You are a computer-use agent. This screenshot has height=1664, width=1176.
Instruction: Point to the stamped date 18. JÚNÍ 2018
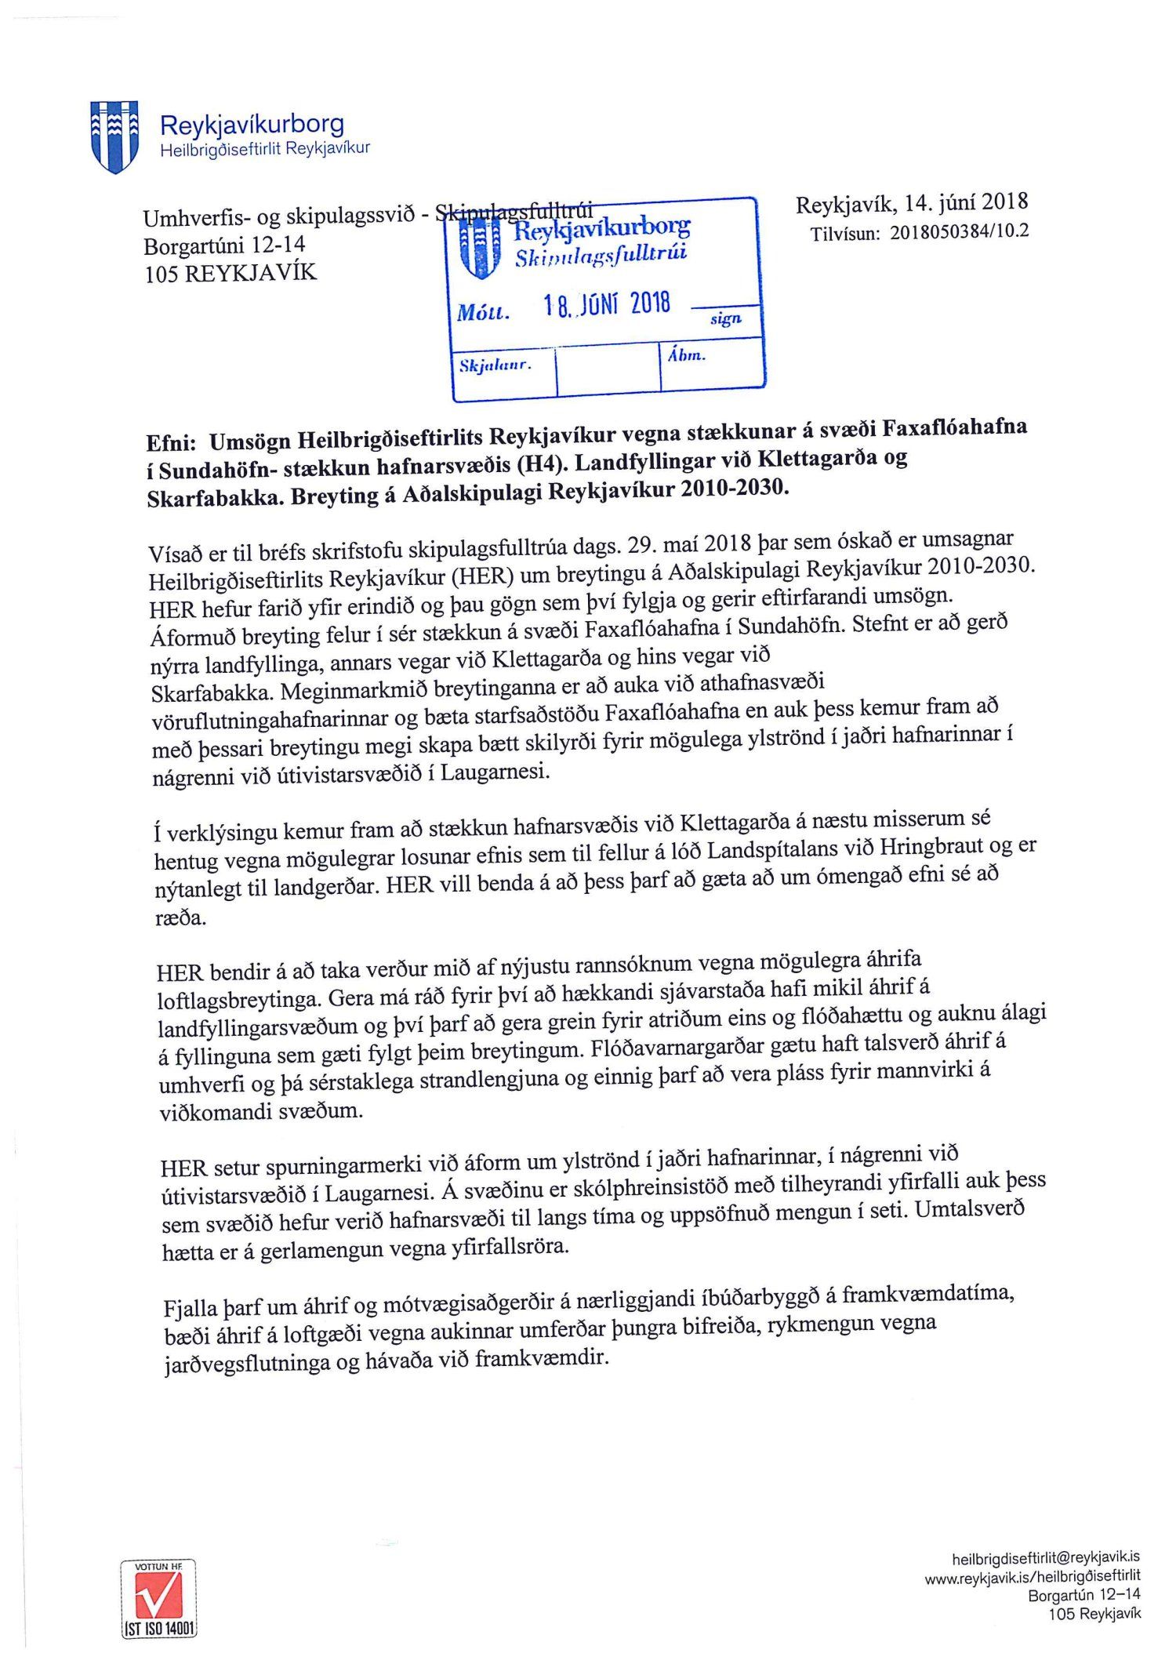coord(608,304)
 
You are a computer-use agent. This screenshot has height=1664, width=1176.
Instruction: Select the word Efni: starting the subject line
coord(171,443)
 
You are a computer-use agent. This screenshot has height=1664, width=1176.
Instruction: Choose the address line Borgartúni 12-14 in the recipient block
coord(224,245)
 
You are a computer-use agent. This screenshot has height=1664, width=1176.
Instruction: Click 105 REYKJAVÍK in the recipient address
coord(230,274)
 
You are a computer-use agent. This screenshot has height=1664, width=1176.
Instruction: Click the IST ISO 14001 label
coord(159,1628)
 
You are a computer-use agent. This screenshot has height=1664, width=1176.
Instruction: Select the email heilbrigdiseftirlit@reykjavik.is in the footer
coord(1046,1558)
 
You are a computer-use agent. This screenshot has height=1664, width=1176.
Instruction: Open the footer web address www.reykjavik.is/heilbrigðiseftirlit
coord(1033,1576)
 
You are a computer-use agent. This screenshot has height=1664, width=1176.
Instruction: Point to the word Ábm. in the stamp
coord(687,355)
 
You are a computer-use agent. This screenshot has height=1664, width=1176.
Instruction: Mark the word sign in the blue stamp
coord(725,318)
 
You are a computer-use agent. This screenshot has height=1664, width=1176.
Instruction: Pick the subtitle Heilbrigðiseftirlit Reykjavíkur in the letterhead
coord(265,150)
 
